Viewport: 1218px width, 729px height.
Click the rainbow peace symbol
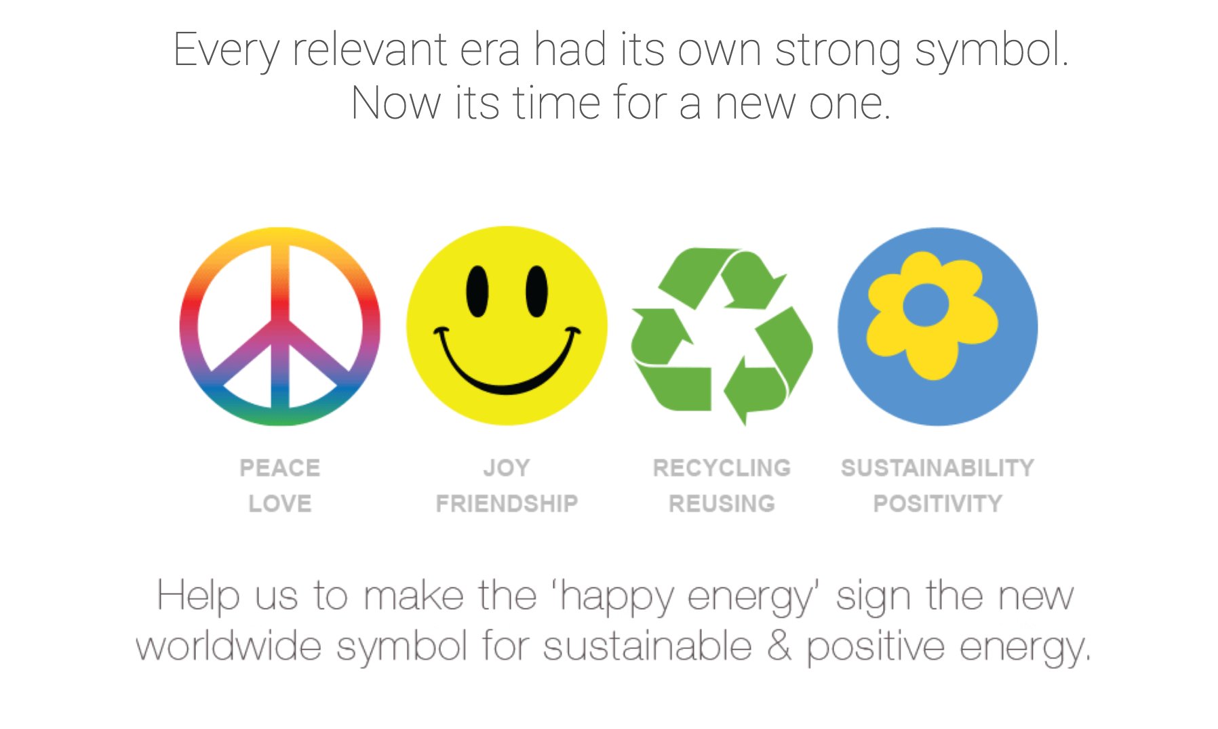point(280,327)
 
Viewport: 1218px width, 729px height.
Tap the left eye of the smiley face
point(477,291)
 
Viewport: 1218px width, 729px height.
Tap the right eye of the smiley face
point(536,291)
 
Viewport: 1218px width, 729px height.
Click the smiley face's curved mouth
point(507,380)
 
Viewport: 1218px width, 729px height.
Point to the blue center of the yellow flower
point(925,305)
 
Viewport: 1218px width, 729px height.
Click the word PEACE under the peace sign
point(279,467)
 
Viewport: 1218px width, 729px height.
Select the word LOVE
point(279,503)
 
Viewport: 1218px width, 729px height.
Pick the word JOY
point(507,467)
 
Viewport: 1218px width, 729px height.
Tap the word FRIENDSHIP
point(507,503)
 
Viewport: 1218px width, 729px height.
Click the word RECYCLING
point(722,467)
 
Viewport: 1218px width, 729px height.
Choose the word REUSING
point(722,503)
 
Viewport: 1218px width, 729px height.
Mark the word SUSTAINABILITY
point(937,467)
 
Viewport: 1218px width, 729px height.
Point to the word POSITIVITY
point(937,503)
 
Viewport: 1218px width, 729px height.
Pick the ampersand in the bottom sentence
point(779,645)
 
